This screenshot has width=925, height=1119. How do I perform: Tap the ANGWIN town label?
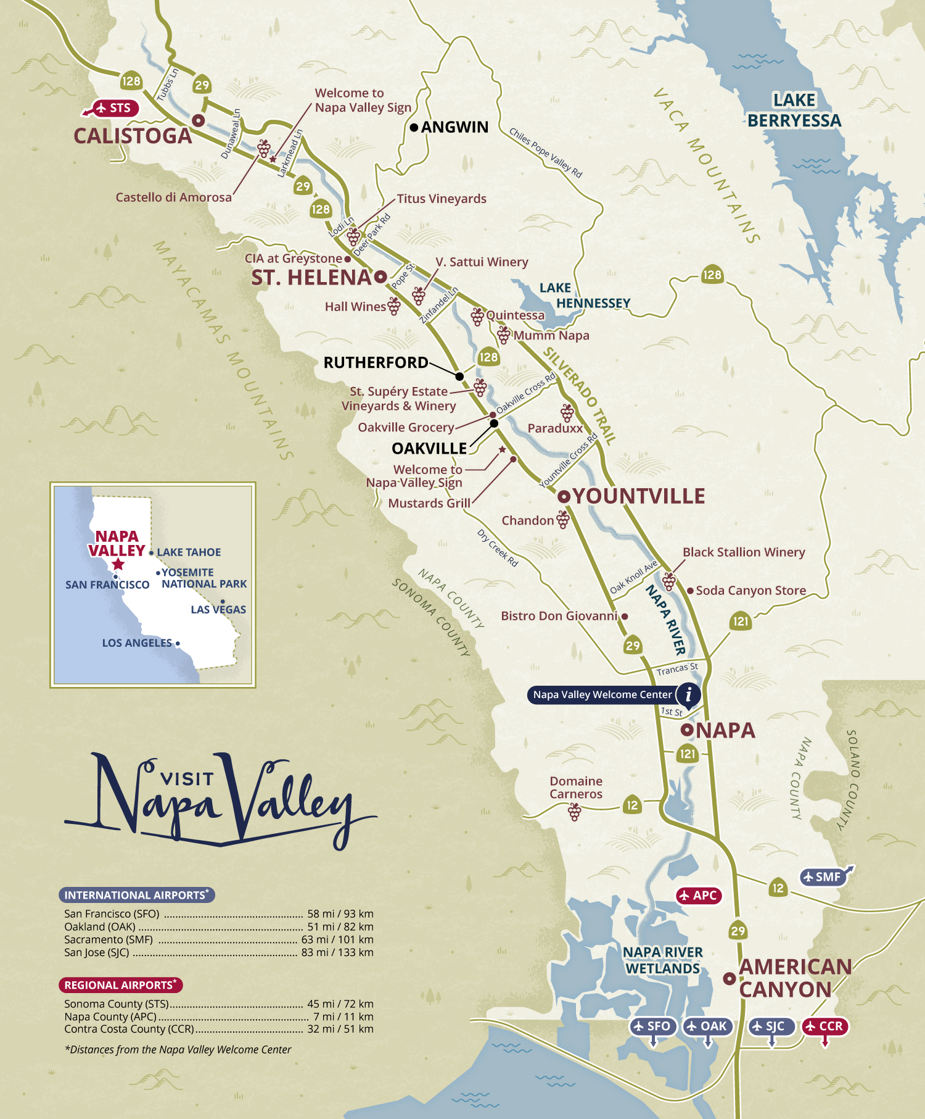point(454,127)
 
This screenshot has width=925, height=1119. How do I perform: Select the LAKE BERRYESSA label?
point(794,110)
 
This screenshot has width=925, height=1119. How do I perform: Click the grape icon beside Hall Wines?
point(394,306)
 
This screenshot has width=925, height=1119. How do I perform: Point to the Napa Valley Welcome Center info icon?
point(688,694)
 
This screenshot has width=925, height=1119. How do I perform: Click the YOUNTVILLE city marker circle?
point(563,496)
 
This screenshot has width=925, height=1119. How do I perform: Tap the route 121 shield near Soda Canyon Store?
point(741,622)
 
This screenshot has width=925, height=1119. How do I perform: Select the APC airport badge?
point(699,896)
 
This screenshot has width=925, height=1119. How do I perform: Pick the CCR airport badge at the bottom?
point(825,1026)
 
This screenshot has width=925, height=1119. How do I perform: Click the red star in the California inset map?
point(118,564)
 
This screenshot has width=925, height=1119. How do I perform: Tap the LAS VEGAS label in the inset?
point(218,610)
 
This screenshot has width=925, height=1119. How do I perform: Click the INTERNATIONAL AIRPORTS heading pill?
point(136,895)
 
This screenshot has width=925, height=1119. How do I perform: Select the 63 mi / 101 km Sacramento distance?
point(337,939)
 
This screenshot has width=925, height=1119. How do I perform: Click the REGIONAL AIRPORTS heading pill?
point(120,985)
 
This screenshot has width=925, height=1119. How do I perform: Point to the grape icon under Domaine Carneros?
point(575,812)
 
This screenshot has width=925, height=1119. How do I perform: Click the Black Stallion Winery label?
point(744,552)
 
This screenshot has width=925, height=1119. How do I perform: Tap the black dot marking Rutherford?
point(459,376)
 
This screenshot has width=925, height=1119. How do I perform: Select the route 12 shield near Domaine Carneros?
point(632,805)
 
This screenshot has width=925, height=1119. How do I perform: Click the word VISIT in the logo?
point(187,779)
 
